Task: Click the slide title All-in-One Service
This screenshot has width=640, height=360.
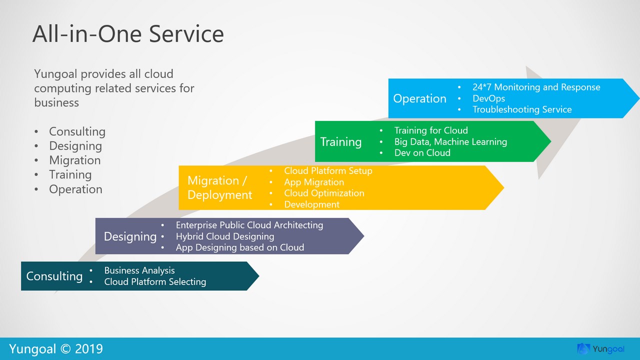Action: click(128, 34)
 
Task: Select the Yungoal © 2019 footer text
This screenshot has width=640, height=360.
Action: click(56, 348)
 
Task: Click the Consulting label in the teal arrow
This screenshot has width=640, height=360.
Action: click(54, 276)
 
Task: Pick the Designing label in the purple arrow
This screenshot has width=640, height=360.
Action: click(130, 236)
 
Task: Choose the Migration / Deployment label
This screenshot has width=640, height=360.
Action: click(219, 187)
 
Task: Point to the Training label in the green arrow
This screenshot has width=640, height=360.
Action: click(341, 142)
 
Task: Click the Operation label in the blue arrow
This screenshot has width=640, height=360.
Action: click(419, 98)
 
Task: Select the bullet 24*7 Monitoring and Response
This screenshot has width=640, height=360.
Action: click(536, 87)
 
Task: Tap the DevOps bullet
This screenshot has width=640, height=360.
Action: click(488, 98)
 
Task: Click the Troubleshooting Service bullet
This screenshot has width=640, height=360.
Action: click(522, 109)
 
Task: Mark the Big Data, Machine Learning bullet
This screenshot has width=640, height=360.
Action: click(450, 142)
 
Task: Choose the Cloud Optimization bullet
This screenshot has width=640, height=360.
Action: click(324, 193)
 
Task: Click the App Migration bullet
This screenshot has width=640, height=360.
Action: click(314, 182)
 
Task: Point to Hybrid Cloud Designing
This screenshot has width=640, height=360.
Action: click(225, 236)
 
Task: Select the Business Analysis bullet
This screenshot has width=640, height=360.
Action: click(139, 270)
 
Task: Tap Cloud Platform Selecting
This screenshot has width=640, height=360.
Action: click(155, 282)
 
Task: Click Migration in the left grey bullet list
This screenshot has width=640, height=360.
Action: click(74, 160)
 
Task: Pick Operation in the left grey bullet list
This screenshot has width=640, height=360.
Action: click(75, 189)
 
